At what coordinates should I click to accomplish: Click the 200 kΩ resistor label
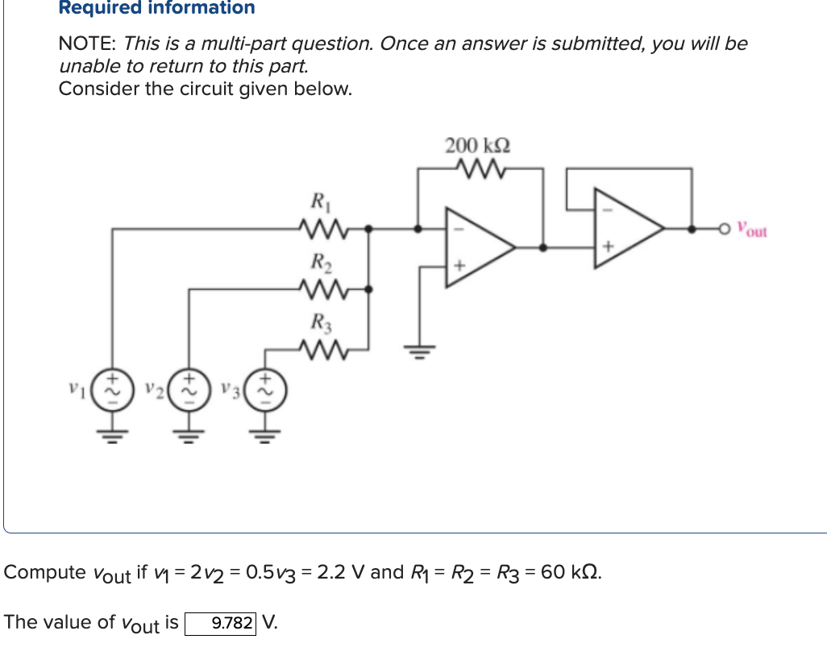click(x=477, y=146)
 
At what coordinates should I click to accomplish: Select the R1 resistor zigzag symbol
click(x=319, y=229)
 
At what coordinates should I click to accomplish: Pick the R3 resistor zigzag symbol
click(x=319, y=349)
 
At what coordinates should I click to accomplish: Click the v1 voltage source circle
click(x=110, y=388)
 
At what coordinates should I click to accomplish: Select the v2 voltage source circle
click(x=188, y=388)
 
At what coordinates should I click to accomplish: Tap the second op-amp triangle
click(x=625, y=229)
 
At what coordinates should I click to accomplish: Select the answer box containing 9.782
click(x=221, y=623)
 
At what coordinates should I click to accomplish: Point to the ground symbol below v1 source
click(x=110, y=439)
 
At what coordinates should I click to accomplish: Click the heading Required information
click(x=156, y=8)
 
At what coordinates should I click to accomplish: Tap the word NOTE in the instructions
click(x=86, y=44)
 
